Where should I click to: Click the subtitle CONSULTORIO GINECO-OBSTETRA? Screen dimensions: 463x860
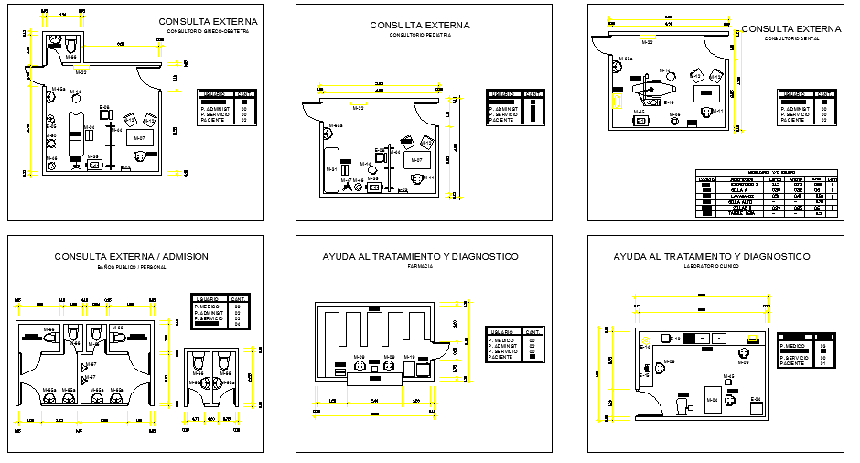click(208, 32)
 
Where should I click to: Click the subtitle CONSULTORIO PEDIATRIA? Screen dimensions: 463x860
click(419, 35)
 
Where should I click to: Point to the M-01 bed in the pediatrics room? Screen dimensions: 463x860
click(330, 169)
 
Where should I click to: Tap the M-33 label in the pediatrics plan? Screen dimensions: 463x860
click(359, 108)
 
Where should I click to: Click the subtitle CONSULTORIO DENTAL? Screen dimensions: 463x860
click(790, 39)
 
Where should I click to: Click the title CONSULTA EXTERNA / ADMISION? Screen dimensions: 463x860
click(132, 257)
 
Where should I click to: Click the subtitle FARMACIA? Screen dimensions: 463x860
click(419, 267)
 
